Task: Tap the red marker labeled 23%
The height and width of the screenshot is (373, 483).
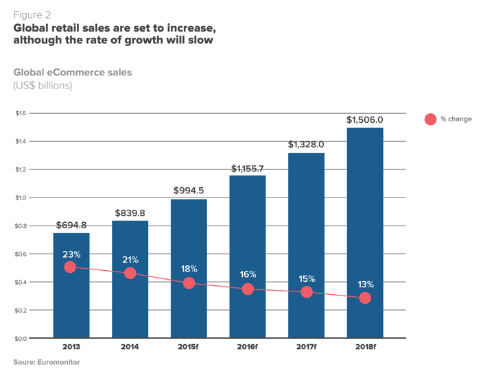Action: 71,267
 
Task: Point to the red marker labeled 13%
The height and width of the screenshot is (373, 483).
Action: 365,298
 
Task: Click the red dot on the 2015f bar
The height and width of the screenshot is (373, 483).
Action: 189,283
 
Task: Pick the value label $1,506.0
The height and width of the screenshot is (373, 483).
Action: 365,120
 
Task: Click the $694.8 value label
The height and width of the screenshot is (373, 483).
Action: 71,225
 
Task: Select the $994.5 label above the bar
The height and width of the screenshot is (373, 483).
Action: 189,190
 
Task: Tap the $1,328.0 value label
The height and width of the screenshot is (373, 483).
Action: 306,144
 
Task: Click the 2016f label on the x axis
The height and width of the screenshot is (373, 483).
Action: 248,347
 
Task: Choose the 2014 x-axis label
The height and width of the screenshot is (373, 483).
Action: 130,347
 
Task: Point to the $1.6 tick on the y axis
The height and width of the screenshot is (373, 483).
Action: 21,113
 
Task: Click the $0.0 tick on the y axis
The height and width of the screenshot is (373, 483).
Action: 21,339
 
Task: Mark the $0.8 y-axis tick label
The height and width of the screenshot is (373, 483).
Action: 21,226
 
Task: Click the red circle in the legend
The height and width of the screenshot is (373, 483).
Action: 430,119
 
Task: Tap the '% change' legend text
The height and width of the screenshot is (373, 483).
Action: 456,119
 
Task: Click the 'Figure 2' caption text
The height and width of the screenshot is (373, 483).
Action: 32,14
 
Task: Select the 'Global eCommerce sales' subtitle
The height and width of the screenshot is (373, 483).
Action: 73,72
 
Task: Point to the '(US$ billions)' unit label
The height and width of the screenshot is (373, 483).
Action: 43,86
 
